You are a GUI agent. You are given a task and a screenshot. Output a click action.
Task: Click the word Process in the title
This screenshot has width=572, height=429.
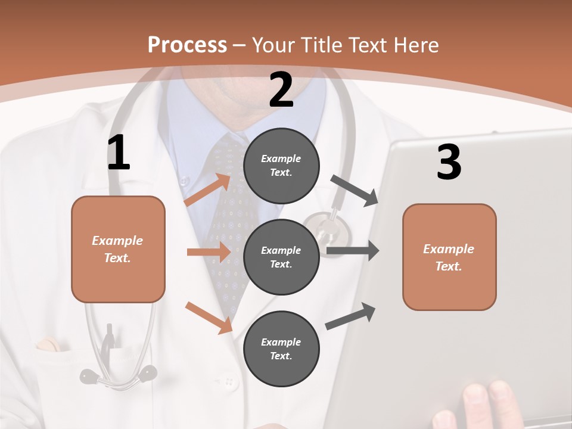pyautogui.click(x=187, y=45)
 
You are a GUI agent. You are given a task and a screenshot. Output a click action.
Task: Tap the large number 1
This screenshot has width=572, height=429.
pyautogui.click(x=119, y=153)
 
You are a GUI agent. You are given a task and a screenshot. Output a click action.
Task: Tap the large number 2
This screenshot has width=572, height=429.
pyautogui.click(x=281, y=90)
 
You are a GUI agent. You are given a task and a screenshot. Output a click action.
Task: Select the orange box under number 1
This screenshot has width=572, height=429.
pyautogui.click(x=118, y=249)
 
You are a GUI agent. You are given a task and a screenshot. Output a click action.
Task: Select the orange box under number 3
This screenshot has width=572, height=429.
pyautogui.click(x=449, y=257)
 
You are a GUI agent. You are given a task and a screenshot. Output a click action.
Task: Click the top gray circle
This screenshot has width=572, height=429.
pyautogui.click(x=281, y=166)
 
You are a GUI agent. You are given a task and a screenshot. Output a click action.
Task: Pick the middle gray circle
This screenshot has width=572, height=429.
pyautogui.click(x=281, y=257)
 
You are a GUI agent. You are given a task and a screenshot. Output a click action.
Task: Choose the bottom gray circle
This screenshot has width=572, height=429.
pyautogui.click(x=281, y=349)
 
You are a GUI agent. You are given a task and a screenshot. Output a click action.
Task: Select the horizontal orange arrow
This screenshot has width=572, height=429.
pyautogui.click(x=209, y=252)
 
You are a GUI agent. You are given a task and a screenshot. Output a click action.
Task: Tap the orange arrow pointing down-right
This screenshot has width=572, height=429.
pyautogui.click(x=209, y=317)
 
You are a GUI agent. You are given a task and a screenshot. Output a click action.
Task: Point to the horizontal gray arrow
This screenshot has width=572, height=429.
pyautogui.click(x=353, y=250)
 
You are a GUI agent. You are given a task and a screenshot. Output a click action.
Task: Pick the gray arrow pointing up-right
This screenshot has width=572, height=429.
pyautogui.click(x=351, y=316)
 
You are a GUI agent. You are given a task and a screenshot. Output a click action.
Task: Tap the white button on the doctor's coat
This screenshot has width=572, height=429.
pyautogui.click(x=228, y=381)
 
